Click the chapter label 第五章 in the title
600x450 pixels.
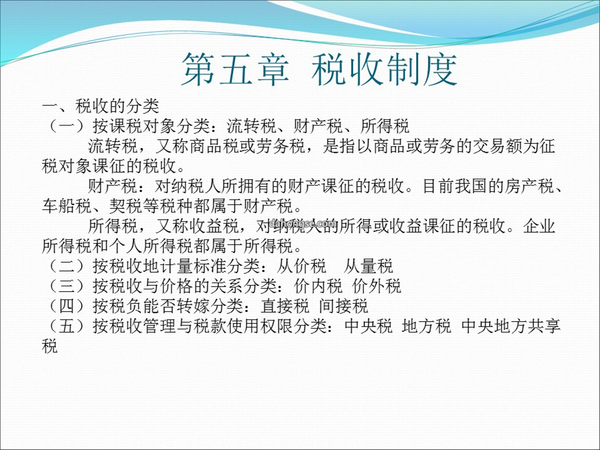(x=235, y=69)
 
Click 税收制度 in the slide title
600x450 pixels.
(x=384, y=69)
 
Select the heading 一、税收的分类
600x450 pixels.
(x=101, y=106)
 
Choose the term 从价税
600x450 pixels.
(x=302, y=266)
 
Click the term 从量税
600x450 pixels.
(x=368, y=266)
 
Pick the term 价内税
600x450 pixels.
(x=318, y=286)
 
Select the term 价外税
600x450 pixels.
(x=377, y=286)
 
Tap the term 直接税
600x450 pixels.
(x=284, y=306)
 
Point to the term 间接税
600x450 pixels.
(x=343, y=306)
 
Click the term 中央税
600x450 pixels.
(x=368, y=326)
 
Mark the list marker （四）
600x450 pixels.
(x=67, y=306)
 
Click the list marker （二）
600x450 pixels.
(x=67, y=266)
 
